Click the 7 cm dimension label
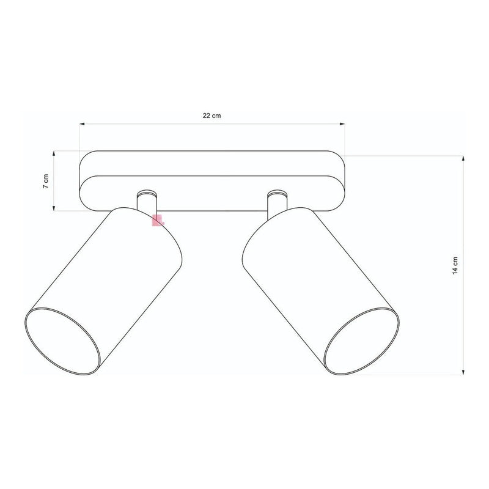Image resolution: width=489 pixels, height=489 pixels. click(x=45, y=182)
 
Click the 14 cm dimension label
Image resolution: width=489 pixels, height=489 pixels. click(x=455, y=263)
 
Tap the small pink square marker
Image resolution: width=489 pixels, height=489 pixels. click(x=157, y=221)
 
